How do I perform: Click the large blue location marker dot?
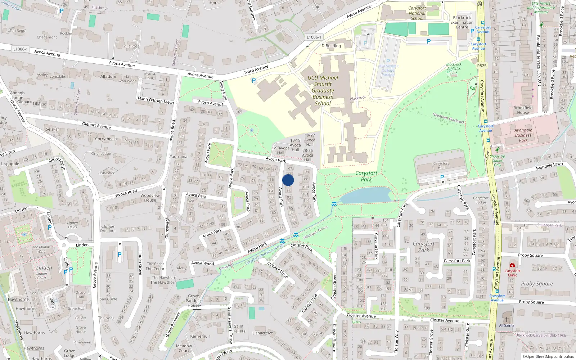(288, 180)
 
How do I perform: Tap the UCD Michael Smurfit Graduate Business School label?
(323, 90)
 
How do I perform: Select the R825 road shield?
(482, 66)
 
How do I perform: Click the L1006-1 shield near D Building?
(314, 37)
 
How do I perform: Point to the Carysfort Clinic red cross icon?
(512, 265)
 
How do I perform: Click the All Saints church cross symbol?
(507, 319)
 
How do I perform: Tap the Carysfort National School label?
(417, 13)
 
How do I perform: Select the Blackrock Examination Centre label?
(462, 22)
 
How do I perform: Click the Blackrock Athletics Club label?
(454, 68)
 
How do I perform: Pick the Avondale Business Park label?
(523, 135)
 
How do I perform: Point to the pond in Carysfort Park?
(365, 195)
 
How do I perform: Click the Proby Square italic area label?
(537, 284)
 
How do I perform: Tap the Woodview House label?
(150, 198)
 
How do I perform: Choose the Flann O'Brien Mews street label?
(156, 100)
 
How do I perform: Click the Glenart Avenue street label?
(96, 125)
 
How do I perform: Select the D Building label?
(331, 46)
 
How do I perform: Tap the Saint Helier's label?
(239, 329)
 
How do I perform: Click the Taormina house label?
(179, 157)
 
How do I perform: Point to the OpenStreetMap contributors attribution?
(548, 356)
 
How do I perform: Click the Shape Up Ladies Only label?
(497, 161)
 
